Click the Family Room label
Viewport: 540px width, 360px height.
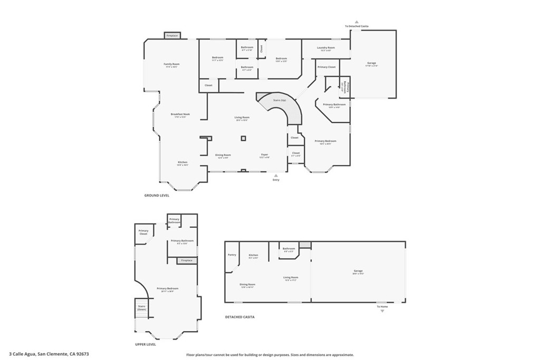(172, 64)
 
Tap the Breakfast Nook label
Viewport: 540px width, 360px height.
(180, 114)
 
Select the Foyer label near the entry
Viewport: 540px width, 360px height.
(265, 155)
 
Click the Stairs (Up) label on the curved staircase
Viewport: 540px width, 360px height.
(279, 100)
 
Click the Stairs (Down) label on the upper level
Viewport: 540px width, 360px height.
(141, 307)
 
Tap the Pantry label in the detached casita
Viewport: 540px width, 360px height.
(232, 255)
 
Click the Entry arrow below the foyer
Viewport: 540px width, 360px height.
(276, 175)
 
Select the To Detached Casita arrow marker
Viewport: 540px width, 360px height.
(356, 22)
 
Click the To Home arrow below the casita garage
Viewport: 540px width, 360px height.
(382, 310)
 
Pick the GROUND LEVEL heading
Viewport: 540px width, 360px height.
(157, 195)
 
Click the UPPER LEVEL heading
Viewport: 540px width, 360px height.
(146, 344)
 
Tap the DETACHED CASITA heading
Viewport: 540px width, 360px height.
(240, 317)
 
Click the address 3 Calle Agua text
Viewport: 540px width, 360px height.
(49, 354)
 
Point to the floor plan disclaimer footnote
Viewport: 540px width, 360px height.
(269, 355)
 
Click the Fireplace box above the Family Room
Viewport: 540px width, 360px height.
(172, 36)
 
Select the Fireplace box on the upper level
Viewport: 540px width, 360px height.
(187, 260)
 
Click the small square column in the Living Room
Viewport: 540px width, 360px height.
(243, 139)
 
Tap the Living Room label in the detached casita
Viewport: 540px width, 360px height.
(291, 278)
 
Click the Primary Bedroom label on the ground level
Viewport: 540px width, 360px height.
(325, 141)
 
